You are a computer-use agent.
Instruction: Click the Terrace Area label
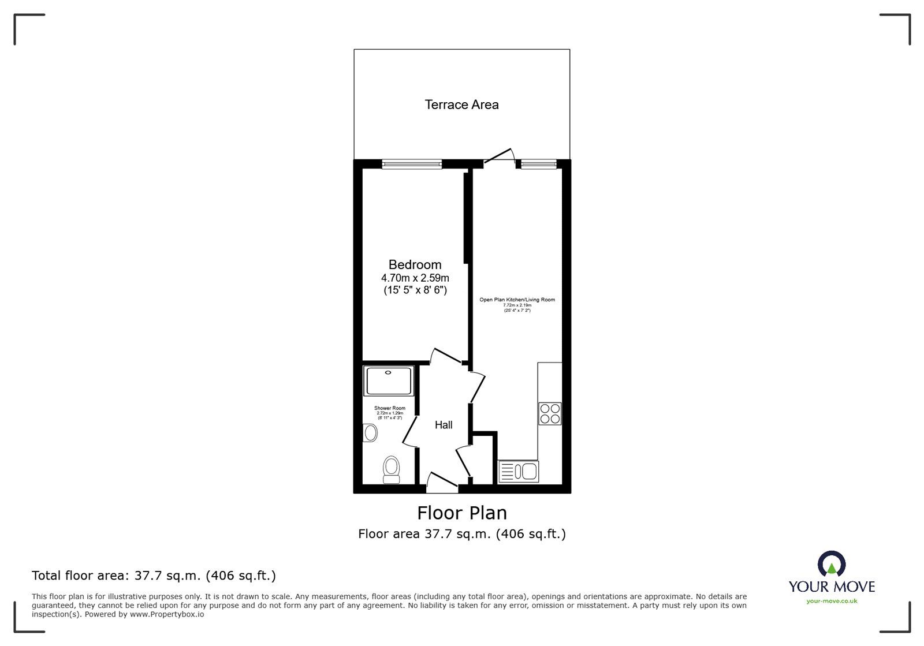(461, 104)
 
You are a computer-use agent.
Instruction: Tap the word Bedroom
(415, 264)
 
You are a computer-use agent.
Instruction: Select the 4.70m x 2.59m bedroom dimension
(415, 278)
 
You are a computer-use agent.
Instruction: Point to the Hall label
(444, 425)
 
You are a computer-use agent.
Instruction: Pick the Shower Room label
(390, 408)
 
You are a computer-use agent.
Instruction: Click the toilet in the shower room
(392, 469)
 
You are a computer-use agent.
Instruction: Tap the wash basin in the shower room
(370, 432)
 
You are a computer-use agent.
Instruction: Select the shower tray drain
(388, 372)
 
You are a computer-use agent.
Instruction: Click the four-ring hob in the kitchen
(549, 413)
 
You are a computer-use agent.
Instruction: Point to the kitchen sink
(518, 471)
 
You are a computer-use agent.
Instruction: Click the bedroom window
(412, 165)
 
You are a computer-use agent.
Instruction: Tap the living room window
(539, 165)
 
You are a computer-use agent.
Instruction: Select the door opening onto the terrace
(500, 156)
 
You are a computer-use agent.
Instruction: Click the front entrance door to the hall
(442, 484)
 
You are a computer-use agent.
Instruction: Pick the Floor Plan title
(462, 513)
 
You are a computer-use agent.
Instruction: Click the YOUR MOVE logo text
(832, 587)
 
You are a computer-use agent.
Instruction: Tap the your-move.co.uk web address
(832, 601)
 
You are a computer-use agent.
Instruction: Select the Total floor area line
(154, 576)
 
